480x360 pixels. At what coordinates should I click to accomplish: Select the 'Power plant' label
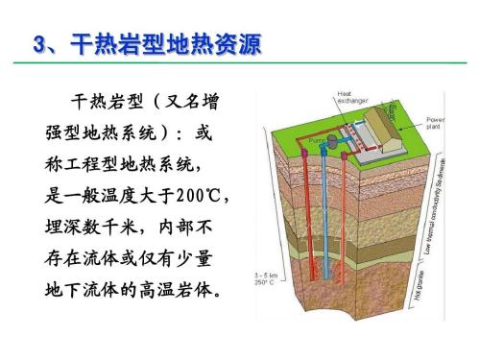click(436, 122)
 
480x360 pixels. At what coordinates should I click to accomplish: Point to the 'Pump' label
click(319, 141)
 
